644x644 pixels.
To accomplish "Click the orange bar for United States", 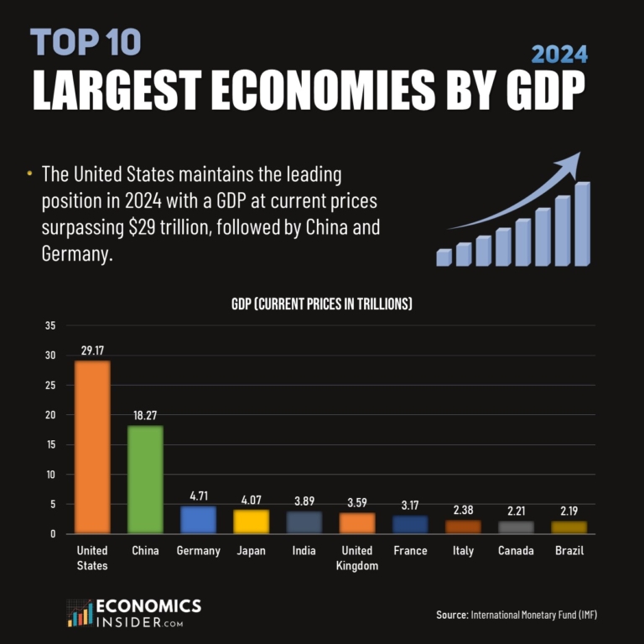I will (x=92, y=447).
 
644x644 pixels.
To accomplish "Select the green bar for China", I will (x=145, y=480).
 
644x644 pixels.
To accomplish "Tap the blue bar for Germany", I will (x=198, y=520).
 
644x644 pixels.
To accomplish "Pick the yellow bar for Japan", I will (x=251, y=522).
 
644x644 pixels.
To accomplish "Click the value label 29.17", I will (x=92, y=350).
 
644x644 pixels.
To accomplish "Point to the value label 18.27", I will (x=145, y=415).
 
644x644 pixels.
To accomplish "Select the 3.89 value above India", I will (x=304, y=501).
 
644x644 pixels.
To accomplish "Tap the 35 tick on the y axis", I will (x=49, y=326).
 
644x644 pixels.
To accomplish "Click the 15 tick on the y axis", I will (x=49, y=444).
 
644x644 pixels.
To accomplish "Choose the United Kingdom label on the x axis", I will (x=356, y=558).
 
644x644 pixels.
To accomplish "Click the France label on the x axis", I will (x=409, y=551).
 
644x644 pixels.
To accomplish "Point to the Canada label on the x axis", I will (x=515, y=551).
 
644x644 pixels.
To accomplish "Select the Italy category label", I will (x=462, y=551).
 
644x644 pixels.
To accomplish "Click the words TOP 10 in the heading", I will (x=86, y=42).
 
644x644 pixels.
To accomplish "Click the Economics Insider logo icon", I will (x=80, y=613).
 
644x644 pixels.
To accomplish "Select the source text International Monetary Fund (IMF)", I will (x=533, y=615).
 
